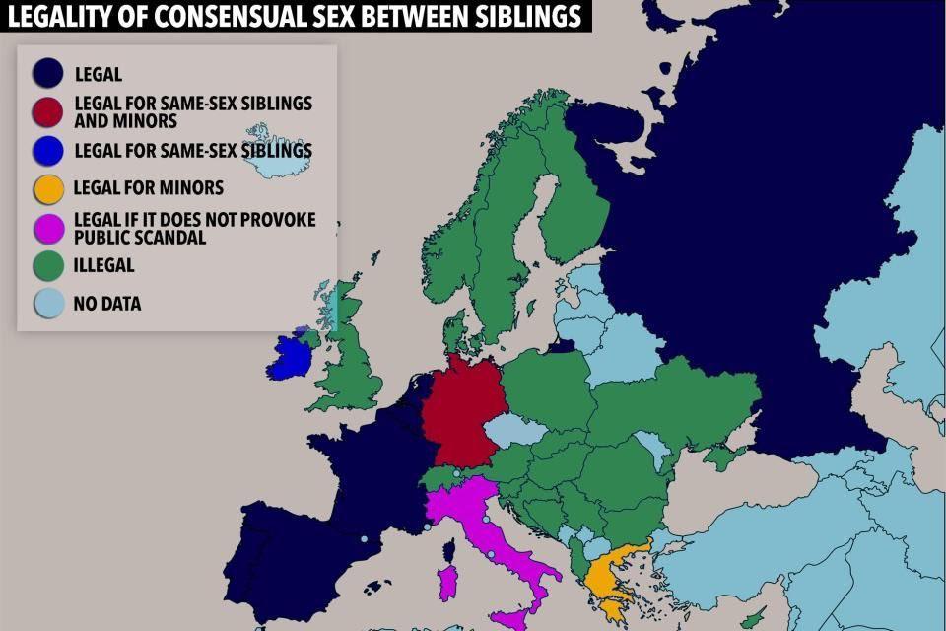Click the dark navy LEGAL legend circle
47,73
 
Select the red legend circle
47,110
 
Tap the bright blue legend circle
47,150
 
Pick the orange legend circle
47,188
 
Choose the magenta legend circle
47,227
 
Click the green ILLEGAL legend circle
47,265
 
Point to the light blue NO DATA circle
47,303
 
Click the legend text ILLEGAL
103,265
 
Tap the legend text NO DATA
107,304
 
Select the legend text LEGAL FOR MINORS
149,188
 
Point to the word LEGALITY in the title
60,16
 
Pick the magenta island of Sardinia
446,582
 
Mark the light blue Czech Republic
512,429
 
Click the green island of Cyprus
754,618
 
